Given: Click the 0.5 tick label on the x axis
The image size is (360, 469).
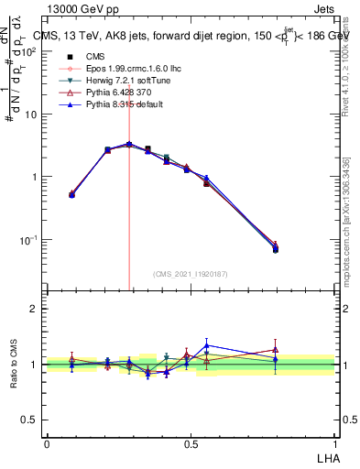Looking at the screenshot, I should tap(191, 443).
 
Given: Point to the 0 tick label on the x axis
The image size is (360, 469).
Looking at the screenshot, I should tap(47, 443).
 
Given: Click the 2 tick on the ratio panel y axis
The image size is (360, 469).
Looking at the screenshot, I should tap(33, 309).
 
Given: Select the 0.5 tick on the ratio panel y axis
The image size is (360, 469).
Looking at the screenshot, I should tap(29, 420).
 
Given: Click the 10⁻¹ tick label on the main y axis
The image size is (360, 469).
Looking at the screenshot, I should tap(28, 240).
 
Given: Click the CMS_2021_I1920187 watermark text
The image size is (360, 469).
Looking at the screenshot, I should tap(191, 272).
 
